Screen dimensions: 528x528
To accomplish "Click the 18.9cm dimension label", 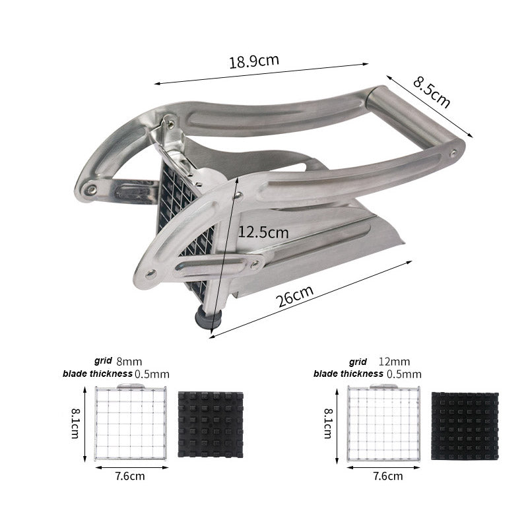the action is point(254,61).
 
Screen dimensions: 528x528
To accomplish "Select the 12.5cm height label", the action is point(263,232).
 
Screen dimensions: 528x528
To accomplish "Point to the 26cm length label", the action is point(294,296).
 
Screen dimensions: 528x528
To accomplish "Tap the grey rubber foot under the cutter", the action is point(209,317).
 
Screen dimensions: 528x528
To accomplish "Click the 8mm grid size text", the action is point(129,362).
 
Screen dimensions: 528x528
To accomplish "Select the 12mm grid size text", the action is point(394,362).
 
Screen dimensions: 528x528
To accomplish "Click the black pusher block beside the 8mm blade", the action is point(211,424).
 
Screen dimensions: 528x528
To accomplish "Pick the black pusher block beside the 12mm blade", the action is point(465,426).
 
